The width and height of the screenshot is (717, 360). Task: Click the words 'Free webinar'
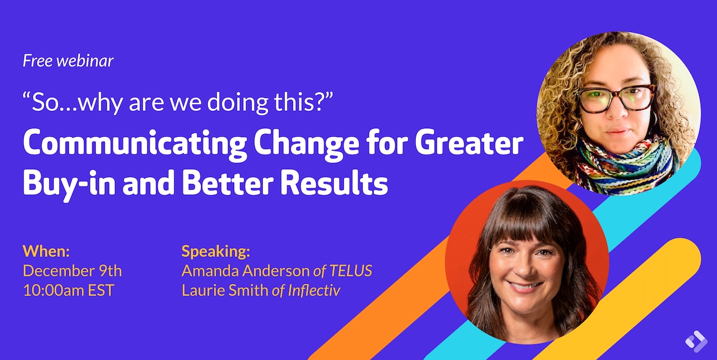pyautogui.click(x=68, y=61)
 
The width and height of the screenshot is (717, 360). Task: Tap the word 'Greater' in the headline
pyautogui.click(x=469, y=143)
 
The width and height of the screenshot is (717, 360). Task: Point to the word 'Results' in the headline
pyautogui.click(x=334, y=183)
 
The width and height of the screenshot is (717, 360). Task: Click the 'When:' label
pyautogui.click(x=46, y=251)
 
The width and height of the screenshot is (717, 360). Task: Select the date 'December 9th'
pyautogui.click(x=72, y=271)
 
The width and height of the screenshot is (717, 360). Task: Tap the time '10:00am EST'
pyautogui.click(x=68, y=291)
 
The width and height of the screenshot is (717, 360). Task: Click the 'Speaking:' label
pyautogui.click(x=216, y=252)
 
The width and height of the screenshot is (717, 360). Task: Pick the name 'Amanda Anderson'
pyautogui.click(x=245, y=271)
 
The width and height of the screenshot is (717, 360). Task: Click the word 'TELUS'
pyautogui.click(x=351, y=271)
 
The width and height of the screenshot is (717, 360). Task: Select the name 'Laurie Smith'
pyautogui.click(x=225, y=291)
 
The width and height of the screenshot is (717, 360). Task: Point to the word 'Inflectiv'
pyautogui.click(x=314, y=291)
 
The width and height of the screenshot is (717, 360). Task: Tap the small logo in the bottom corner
pyautogui.click(x=696, y=341)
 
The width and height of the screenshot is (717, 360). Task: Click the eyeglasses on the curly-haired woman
pyautogui.click(x=616, y=98)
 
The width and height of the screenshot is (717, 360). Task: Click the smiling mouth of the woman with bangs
pyautogui.click(x=525, y=286)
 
